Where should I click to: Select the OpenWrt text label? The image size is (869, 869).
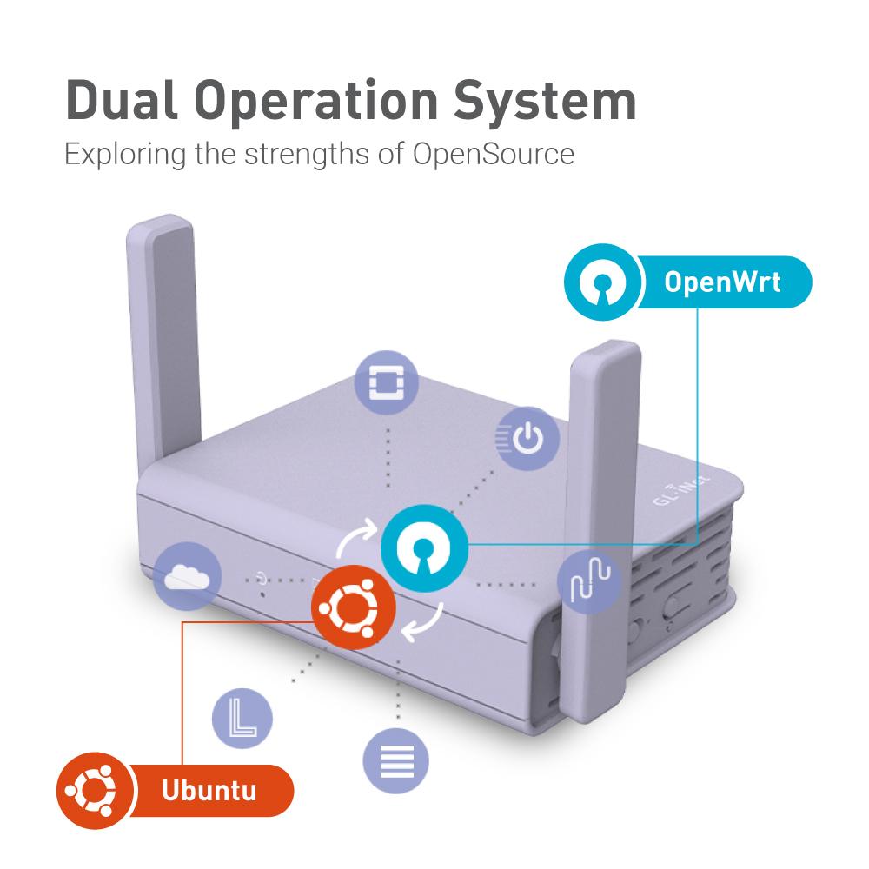(x=722, y=282)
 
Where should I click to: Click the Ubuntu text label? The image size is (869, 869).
(x=209, y=791)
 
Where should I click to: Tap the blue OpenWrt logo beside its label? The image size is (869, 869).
(x=600, y=282)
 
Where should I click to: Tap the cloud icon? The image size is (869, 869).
(x=187, y=574)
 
